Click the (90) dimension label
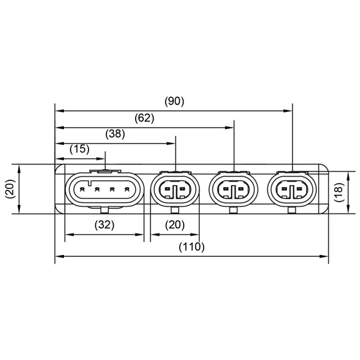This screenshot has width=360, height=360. tap(174, 102)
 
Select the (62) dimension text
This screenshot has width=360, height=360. tap(144, 118)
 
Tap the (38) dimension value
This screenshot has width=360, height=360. tap(115, 134)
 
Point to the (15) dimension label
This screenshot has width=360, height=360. tap(79, 149)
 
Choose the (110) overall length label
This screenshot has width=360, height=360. tap(191, 246)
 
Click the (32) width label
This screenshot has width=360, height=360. tap(104, 224)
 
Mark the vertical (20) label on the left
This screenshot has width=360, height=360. tap(9, 189)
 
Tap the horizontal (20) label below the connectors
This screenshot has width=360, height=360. tap(174, 224)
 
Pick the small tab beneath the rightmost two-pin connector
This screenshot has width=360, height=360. tap(292, 212)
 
